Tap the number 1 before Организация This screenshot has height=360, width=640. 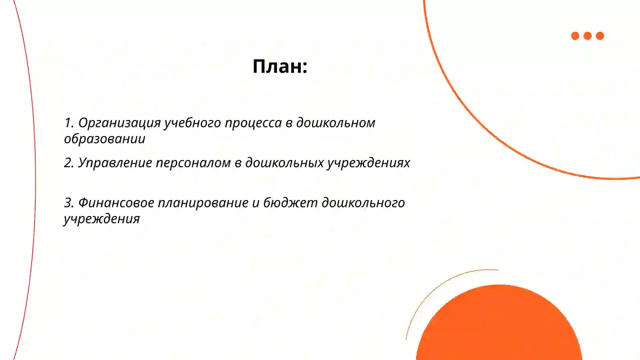(x=68, y=123)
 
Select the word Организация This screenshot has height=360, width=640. (x=119, y=123)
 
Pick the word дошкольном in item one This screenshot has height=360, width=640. (x=336, y=123)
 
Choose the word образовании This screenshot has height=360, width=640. (x=104, y=139)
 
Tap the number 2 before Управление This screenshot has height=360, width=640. (x=68, y=163)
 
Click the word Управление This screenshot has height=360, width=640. (x=115, y=163)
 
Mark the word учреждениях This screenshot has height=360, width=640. (x=369, y=163)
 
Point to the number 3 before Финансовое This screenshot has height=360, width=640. (x=68, y=203)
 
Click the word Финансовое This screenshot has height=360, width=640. (x=116, y=203)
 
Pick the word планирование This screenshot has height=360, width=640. (x=203, y=203)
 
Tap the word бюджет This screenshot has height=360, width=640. (x=290, y=203)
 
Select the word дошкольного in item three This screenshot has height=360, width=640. (x=363, y=203)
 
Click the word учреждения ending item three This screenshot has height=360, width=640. (x=102, y=219)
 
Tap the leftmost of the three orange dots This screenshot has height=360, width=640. (x=575, y=36)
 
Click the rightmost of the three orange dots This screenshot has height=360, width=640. (x=600, y=36)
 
